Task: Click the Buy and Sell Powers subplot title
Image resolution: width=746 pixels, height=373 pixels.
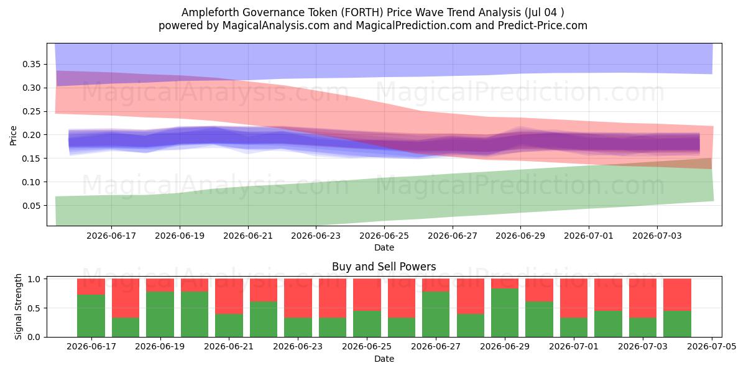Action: click(x=384, y=267)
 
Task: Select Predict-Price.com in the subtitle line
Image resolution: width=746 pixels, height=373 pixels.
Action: click(x=543, y=25)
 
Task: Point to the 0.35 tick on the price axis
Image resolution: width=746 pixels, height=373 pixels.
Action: click(x=31, y=64)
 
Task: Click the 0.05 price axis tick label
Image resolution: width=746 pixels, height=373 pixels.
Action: click(x=31, y=206)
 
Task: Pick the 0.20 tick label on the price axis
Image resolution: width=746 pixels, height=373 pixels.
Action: click(x=31, y=135)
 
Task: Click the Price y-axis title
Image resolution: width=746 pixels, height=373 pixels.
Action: click(x=13, y=136)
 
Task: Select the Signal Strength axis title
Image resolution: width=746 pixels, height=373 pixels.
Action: click(x=18, y=306)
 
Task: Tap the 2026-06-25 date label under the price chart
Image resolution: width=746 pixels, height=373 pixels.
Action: click(x=384, y=236)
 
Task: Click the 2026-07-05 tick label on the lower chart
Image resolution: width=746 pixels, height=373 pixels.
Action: click(x=712, y=347)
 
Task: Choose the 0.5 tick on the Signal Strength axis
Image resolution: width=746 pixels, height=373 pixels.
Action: click(x=34, y=308)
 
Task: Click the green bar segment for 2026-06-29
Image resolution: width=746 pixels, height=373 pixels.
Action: click(x=505, y=313)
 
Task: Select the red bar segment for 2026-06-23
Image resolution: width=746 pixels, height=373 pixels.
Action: click(x=298, y=298)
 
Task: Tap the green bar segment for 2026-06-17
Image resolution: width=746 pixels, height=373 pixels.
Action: click(x=91, y=316)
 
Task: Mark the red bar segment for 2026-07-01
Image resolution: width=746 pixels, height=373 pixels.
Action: click(x=574, y=298)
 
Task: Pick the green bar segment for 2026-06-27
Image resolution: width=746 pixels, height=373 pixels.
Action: click(x=436, y=314)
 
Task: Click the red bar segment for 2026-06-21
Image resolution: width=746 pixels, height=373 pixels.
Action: click(x=229, y=297)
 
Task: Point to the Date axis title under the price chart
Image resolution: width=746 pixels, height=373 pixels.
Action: click(x=384, y=247)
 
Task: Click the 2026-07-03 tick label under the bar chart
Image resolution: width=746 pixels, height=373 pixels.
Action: click(x=643, y=347)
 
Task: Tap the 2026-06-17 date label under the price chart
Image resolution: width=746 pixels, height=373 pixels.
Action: click(x=111, y=236)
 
